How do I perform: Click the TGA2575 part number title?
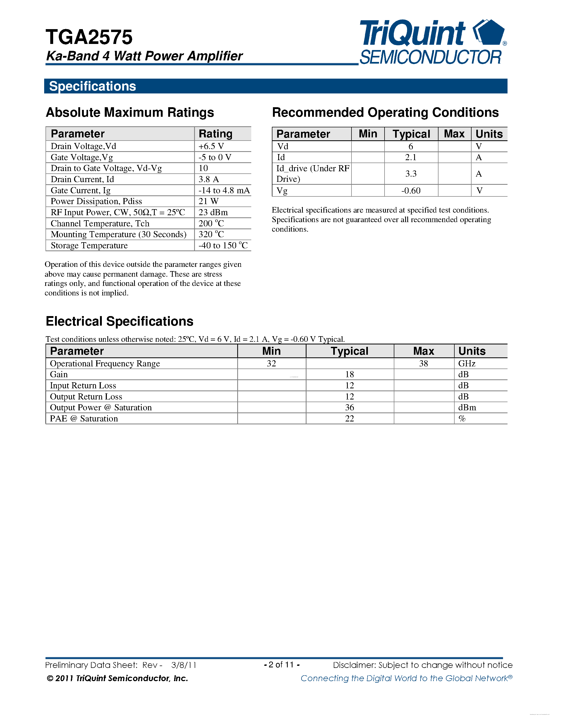coord(89,37)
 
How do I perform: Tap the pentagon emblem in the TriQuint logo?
coord(490,33)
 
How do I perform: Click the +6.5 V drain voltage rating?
coord(211,146)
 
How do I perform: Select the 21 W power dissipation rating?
coord(208,201)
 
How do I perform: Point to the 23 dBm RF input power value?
coord(213,212)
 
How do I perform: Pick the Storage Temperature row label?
coord(89,246)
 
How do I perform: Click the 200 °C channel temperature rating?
coord(211,223)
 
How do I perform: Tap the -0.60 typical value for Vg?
coord(411,191)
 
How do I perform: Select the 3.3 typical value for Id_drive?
coord(411,174)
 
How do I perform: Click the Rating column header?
coord(215,134)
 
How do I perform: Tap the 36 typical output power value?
coord(350,408)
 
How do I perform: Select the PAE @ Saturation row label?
coord(84,419)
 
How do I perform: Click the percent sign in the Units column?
coord(462,419)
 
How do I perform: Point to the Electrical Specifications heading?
coord(120,321)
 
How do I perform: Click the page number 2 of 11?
coord(281,665)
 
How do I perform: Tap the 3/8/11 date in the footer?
coord(184,665)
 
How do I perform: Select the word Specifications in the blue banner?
coord(93,86)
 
